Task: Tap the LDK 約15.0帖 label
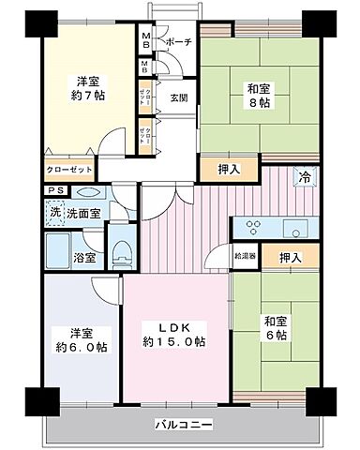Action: pos(174,333)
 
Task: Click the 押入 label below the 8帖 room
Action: pos(217,170)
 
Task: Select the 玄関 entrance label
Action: pos(178,97)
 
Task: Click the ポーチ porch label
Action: pos(178,42)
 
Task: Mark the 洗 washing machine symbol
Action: pos(56,212)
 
